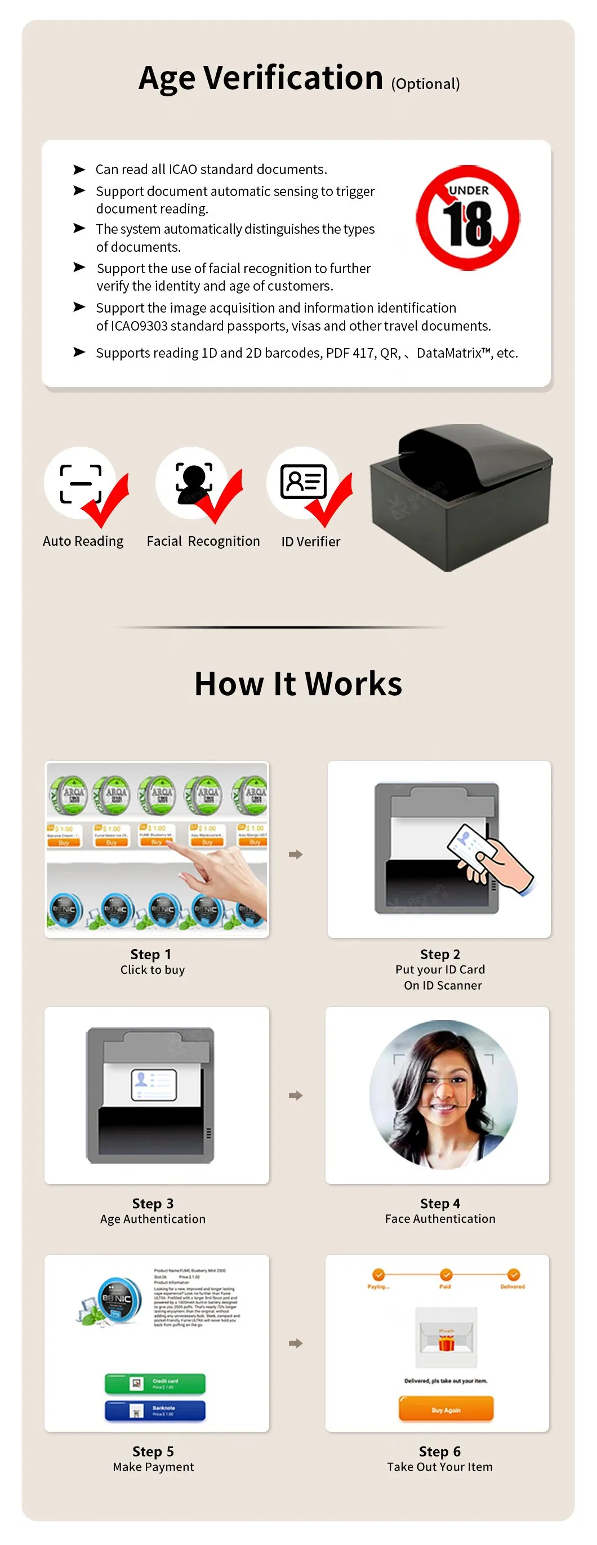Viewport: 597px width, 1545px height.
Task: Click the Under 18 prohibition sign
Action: click(x=467, y=218)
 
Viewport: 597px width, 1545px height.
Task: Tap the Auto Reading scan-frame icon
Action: click(x=81, y=483)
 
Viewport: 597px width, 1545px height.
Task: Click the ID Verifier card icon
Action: click(x=304, y=481)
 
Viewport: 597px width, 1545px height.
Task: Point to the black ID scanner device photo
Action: click(x=460, y=497)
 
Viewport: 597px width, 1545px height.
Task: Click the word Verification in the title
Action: click(x=293, y=78)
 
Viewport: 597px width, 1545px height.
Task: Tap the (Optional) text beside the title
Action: click(x=425, y=84)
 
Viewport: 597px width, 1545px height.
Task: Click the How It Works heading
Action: click(x=298, y=684)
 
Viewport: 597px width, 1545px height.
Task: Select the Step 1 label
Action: click(x=151, y=954)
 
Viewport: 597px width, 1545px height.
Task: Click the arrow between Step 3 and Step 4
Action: click(x=295, y=1095)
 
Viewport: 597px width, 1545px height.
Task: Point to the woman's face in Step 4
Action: click(x=443, y=1089)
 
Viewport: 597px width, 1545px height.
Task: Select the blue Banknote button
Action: click(x=155, y=1410)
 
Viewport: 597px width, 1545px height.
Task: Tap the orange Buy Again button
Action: click(x=446, y=1409)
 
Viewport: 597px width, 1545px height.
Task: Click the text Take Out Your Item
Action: click(x=439, y=1467)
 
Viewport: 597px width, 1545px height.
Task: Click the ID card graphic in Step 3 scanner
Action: click(x=154, y=1084)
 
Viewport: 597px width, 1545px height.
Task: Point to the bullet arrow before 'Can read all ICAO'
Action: click(x=79, y=170)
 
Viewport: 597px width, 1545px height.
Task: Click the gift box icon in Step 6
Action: click(x=446, y=1342)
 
